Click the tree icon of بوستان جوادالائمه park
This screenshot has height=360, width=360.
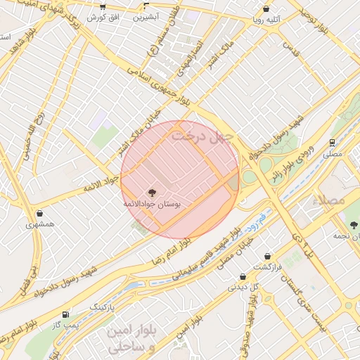150,192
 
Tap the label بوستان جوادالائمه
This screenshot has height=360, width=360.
153,202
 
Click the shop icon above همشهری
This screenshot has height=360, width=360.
39,214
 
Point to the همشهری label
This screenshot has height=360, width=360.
39,224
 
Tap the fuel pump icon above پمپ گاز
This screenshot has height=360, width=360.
65,314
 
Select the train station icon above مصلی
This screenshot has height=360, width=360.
331,142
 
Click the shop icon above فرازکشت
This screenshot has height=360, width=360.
267,257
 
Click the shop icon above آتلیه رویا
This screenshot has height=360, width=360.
266,9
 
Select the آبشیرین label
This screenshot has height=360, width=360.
146,15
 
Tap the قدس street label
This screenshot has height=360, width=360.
287,46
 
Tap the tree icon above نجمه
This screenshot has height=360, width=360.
354,225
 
